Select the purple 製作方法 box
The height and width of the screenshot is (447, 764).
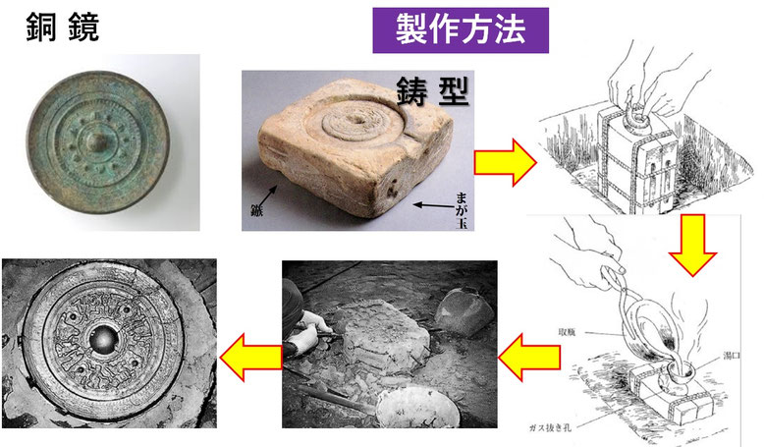[x=459, y=29]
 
